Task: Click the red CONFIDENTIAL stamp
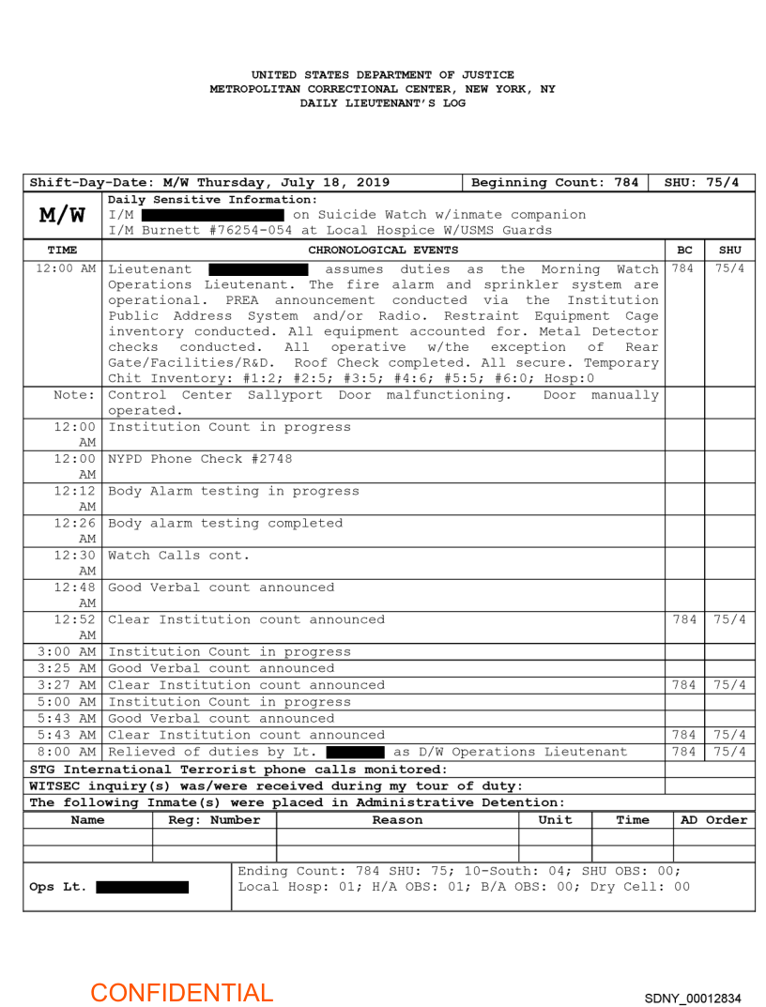[x=181, y=993]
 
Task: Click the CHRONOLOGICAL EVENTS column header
[x=383, y=250]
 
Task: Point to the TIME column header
[x=62, y=250]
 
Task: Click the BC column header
[x=684, y=250]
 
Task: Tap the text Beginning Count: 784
[x=555, y=182]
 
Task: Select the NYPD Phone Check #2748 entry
[x=200, y=459]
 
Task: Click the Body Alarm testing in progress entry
[x=234, y=491]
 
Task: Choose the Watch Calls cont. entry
[x=179, y=555]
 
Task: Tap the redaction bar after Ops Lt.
[x=142, y=887]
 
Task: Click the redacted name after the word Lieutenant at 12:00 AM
[x=258, y=269]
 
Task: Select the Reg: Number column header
[x=214, y=820]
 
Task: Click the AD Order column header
[x=713, y=820]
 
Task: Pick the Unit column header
[x=555, y=820]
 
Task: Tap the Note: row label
[x=75, y=395]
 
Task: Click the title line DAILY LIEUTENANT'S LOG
[x=382, y=103]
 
